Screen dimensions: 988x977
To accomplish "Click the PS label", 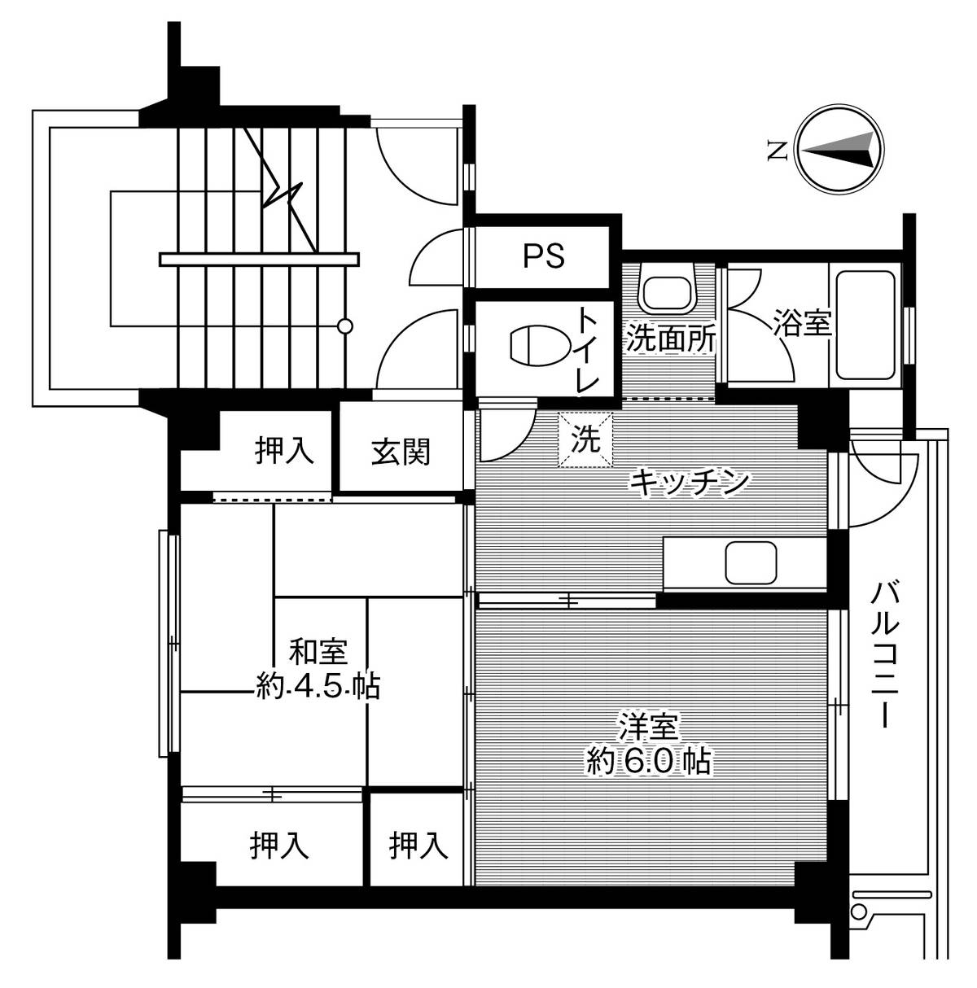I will (x=543, y=256).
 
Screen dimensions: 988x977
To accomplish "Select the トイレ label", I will (x=589, y=351).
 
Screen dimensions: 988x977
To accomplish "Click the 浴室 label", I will (x=802, y=325).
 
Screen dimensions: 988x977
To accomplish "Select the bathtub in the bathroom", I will (x=865, y=323).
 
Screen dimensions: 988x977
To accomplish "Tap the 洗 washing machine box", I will (x=584, y=440).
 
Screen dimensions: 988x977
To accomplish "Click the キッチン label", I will (x=689, y=483).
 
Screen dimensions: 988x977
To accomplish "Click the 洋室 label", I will (x=649, y=724).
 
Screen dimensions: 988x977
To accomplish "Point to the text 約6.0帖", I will (x=649, y=762).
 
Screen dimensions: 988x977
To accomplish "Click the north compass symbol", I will (x=839, y=150).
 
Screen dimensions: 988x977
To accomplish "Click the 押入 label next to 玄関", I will (x=284, y=451).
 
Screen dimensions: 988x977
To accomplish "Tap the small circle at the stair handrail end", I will (x=345, y=326).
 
